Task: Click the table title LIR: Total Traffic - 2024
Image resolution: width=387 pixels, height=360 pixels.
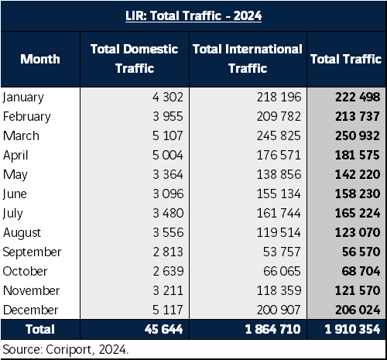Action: [x=193, y=16]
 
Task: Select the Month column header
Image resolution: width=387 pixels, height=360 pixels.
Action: [x=40, y=59]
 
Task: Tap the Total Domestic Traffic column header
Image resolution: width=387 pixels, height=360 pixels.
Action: [x=135, y=59]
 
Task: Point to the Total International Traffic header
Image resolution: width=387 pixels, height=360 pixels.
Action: [x=248, y=59]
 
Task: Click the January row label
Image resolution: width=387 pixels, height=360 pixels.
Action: [x=23, y=98]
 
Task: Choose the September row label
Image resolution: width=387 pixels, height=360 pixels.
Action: [x=32, y=252]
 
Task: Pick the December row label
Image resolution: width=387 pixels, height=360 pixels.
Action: [x=30, y=310]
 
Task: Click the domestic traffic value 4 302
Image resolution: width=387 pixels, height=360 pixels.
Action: [x=168, y=97]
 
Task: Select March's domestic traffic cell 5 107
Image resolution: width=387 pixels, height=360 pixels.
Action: [x=168, y=135]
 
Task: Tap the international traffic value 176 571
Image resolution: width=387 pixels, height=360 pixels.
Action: [x=279, y=155]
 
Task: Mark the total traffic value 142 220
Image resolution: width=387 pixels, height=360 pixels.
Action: [x=358, y=174]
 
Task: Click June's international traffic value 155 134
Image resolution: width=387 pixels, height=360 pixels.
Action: [x=279, y=194]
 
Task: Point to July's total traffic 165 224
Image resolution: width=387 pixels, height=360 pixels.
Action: [x=358, y=213]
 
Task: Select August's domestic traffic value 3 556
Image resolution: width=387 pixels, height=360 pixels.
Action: [x=168, y=232]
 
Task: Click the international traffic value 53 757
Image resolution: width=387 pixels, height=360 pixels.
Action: [x=282, y=252]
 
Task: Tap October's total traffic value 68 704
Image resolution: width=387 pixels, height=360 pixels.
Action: [x=361, y=271]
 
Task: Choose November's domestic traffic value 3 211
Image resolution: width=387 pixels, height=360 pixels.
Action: [x=168, y=290]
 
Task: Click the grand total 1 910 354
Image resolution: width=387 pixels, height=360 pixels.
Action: [x=352, y=329]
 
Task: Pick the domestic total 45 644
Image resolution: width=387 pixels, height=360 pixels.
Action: [x=164, y=329]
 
